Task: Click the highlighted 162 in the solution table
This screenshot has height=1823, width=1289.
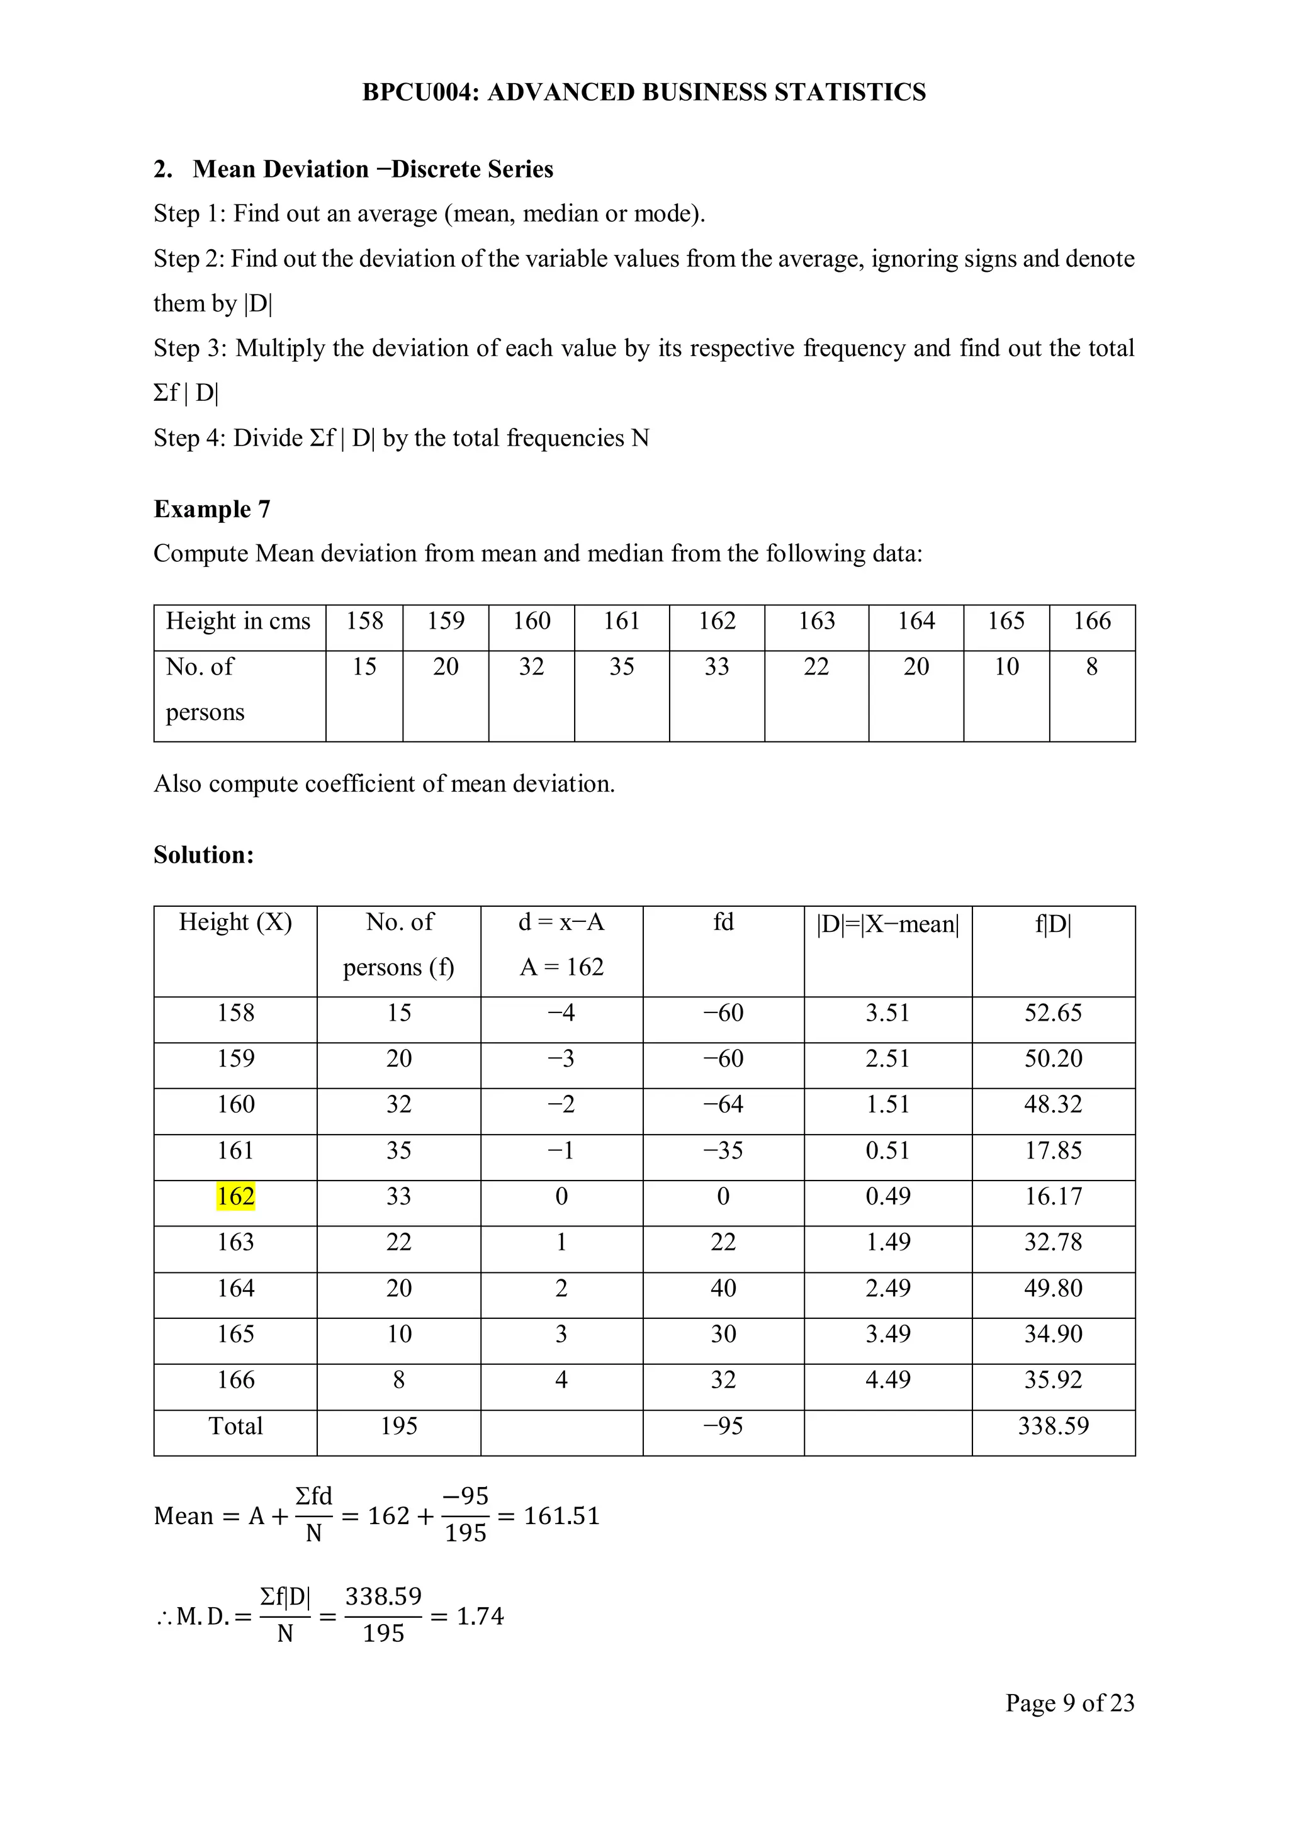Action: coord(235,1196)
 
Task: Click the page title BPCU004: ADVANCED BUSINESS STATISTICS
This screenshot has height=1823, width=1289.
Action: coord(643,92)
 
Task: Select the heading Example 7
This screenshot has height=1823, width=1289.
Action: coord(211,508)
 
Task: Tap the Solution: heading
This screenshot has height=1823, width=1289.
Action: coord(203,855)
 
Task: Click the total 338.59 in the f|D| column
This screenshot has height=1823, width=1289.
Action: coord(1052,1425)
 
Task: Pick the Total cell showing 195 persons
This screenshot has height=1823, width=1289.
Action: coord(398,1425)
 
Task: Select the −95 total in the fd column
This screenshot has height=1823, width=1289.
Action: coord(722,1425)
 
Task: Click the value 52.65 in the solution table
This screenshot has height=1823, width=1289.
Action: coord(1052,1012)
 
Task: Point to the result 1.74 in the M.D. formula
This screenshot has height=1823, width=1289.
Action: coord(480,1616)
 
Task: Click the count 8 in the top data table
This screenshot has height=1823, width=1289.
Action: coord(1091,666)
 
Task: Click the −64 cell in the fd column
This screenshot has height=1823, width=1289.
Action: coord(722,1104)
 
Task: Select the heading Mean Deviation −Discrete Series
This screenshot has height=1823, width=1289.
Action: coord(373,169)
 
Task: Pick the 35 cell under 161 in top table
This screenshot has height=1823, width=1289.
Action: coord(621,666)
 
